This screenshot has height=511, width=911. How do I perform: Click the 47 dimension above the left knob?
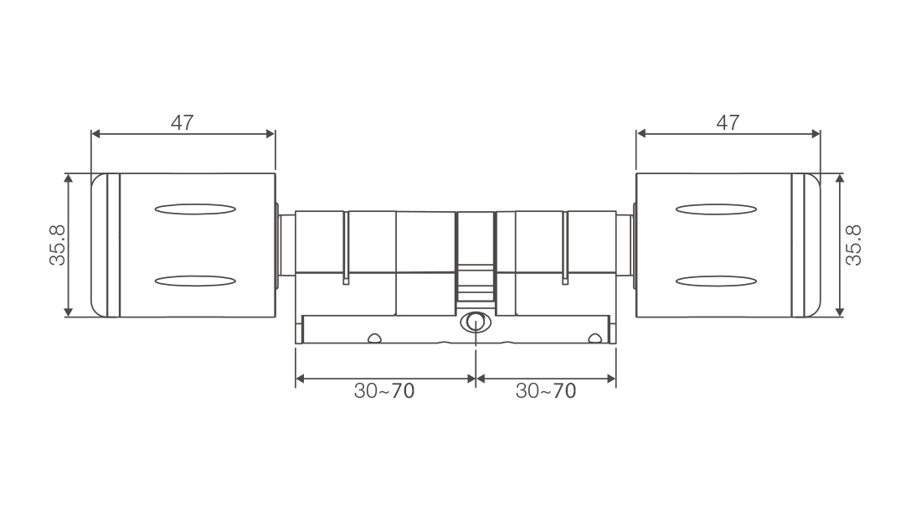182,122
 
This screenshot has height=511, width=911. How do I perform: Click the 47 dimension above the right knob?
728,122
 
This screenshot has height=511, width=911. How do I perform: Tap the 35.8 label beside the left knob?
58,245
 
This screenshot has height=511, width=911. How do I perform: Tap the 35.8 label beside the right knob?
853,245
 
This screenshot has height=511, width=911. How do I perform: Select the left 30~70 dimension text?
384,390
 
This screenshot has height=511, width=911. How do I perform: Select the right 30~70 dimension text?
546,390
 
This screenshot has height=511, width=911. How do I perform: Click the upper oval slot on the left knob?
195,209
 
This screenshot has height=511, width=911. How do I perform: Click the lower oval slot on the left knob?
195,281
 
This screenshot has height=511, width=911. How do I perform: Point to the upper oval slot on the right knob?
717,209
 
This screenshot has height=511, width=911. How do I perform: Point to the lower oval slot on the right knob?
717,281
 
